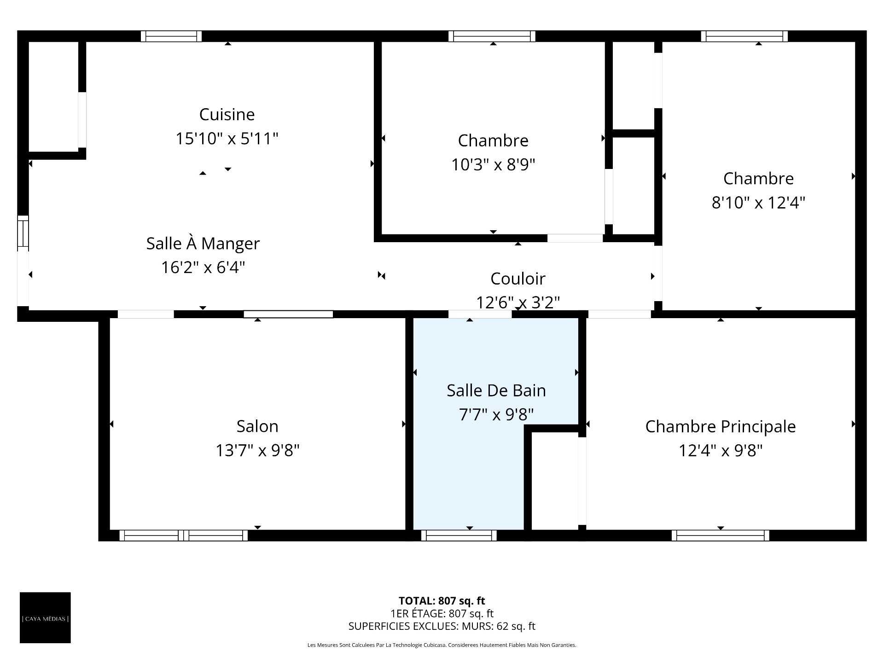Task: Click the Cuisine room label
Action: pos(227,114)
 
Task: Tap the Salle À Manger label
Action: pos(203,243)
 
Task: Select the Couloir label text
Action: pos(518,279)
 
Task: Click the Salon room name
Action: pos(257,426)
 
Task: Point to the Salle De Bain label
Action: pos(496,390)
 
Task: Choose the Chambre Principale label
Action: pos(721,426)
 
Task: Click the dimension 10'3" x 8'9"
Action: pos(493,164)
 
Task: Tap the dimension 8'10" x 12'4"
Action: pos(758,202)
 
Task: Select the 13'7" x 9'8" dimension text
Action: pos(257,450)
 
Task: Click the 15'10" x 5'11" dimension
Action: pos(227,139)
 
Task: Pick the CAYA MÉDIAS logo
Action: pos(45,617)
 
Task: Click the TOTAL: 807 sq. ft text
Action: pos(442,601)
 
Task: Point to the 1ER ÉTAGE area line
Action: pos(442,613)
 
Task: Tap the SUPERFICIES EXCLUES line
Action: pos(442,626)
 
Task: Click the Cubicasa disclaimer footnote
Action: pos(442,645)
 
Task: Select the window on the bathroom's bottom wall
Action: pos(459,535)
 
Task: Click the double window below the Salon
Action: pos(184,535)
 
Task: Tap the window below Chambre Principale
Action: pos(721,535)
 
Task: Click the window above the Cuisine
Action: pos(171,36)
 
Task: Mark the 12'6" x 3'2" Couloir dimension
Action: pos(518,302)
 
